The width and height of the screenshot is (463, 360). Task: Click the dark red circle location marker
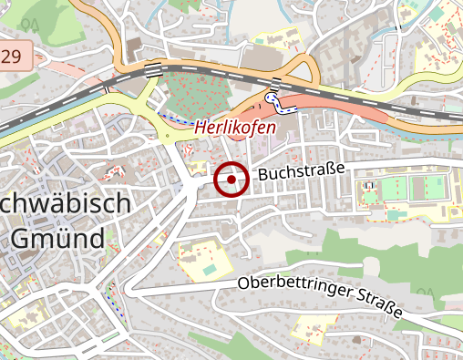point(231,180)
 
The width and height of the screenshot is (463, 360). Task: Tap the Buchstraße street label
point(301,171)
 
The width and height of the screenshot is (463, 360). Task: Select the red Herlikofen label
point(234,128)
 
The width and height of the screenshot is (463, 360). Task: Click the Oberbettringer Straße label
point(319,297)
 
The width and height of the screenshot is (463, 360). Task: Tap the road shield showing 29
point(13,57)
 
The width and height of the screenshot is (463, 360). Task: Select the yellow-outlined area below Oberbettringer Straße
point(309,332)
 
